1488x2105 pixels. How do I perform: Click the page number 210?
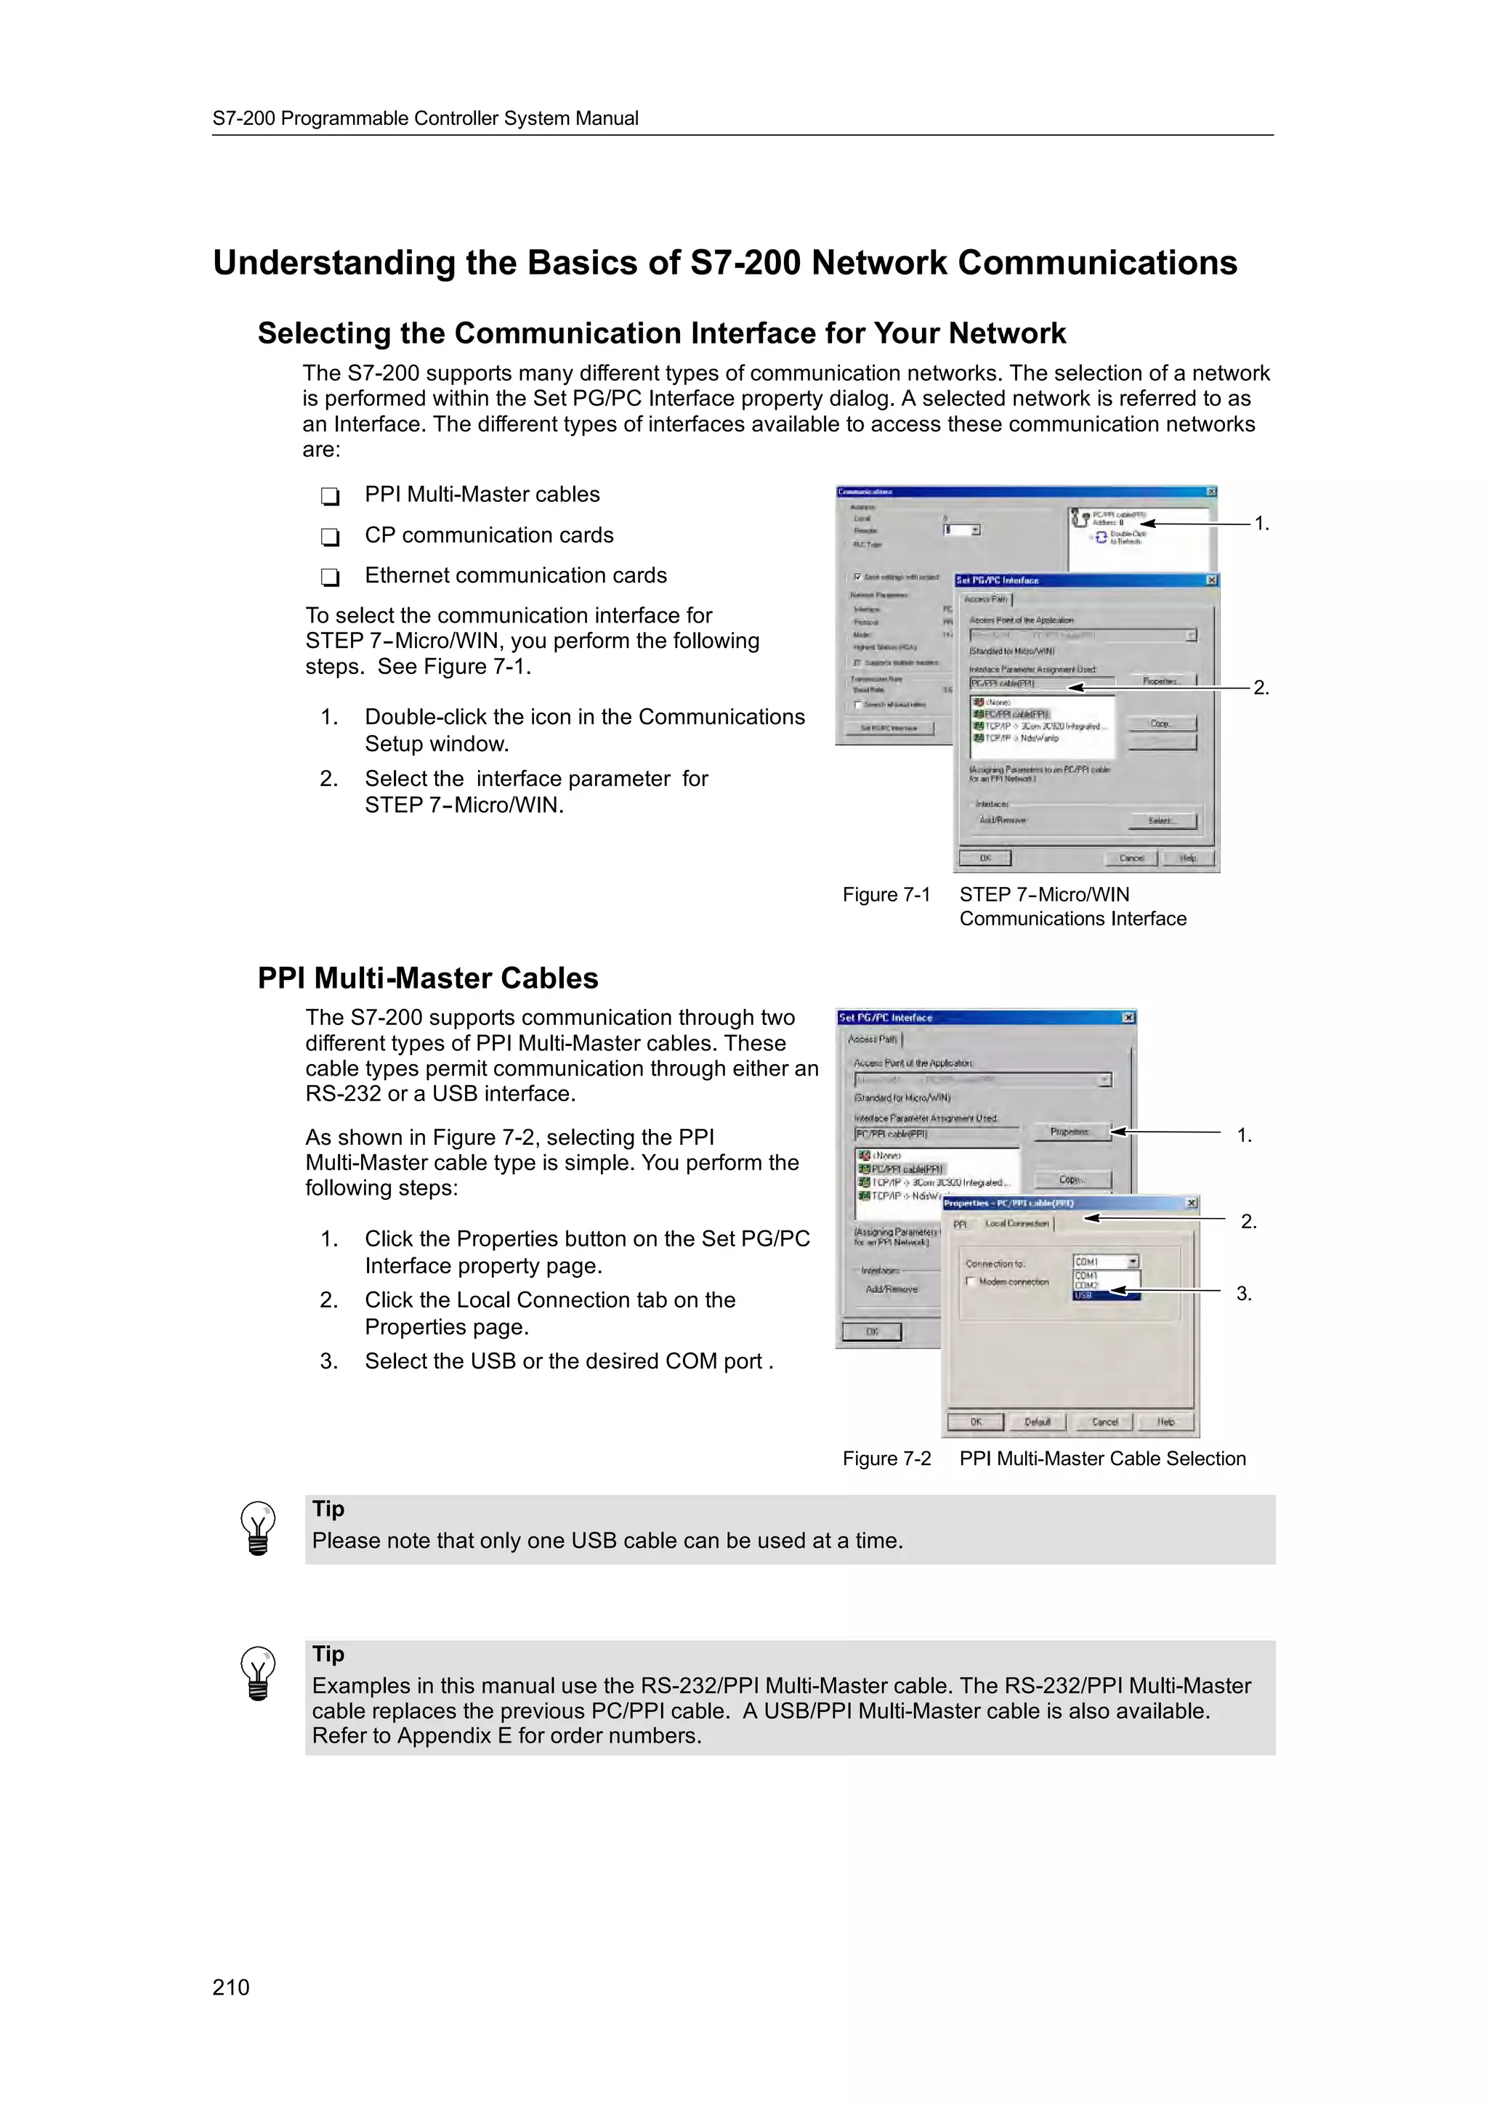230,1987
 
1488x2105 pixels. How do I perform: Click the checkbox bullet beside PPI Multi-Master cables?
330,496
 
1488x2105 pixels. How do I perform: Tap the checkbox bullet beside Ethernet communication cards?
330,577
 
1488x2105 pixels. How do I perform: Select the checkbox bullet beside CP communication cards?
330,536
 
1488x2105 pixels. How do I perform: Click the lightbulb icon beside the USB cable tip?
258,1528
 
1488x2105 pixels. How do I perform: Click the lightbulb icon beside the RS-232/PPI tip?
258,1674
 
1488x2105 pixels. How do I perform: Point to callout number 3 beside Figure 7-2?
1243,1294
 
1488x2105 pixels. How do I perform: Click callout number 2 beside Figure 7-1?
1261,689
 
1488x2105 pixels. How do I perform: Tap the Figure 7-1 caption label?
886,895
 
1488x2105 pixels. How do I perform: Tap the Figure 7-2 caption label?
886,1459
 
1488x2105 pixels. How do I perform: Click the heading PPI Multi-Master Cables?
427,978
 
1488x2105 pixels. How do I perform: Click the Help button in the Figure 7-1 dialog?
1188,858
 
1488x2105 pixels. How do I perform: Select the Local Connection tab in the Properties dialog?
1016,1224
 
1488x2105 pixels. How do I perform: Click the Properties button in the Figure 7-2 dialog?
1071,1132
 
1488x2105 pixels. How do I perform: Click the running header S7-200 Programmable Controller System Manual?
426,118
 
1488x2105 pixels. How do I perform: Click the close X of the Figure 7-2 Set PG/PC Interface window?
1128,1018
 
